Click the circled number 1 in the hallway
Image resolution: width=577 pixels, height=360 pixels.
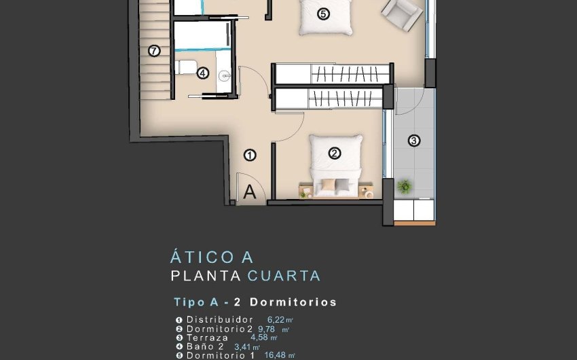pyautogui.click(x=250, y=155)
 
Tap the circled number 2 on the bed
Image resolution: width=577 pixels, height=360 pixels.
pyautogui.click(x=334, y=154)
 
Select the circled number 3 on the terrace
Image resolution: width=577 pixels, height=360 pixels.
pyautogui.click(x=414, y=141)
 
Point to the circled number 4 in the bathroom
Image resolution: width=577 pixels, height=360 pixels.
pyautogui.click(x=202, y=73)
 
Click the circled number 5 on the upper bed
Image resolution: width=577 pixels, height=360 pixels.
pyautogui.click(x=323, y=14)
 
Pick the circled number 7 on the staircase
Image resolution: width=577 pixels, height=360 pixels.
pyautogui.click(x=154, y=50)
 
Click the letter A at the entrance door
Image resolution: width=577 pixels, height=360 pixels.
pyautogui.click(x=250, y=192)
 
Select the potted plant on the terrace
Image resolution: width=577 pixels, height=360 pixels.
pyautogui.click(x=405, y=185)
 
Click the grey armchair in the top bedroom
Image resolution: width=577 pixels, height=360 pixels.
pyautogui.click(x=401, y=14)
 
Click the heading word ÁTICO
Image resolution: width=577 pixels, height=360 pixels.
pyautogui.click(x=196, y=257)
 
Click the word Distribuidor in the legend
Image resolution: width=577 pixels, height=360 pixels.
pyautogui.click(x=220, y=319)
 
